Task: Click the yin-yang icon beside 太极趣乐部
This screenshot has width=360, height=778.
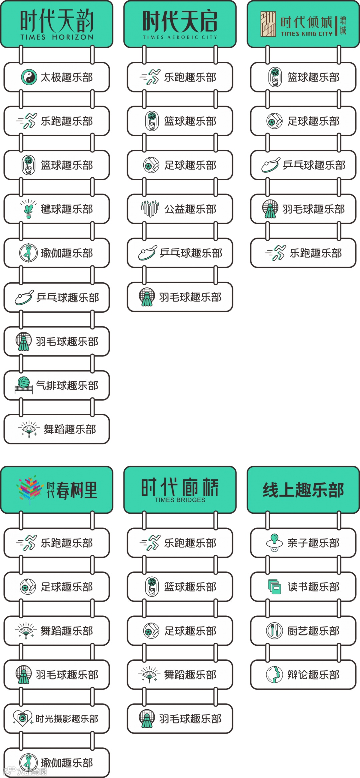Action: coord(29,77)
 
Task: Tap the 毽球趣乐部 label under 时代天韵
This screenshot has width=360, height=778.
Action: coord(67,209)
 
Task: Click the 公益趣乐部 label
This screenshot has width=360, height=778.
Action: coord(190,209)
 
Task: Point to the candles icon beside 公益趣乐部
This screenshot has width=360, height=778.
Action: coord(150,209)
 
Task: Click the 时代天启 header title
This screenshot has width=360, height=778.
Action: coord(180,21)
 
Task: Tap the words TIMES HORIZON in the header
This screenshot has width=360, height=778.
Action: coord(57,37)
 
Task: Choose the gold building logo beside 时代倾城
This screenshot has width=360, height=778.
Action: coord(268,24)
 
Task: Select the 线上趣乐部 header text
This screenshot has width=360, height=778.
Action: coord(303,490)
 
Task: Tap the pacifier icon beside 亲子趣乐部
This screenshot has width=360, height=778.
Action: coord(274,543)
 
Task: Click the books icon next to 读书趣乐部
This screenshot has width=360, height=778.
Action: coord(274,587)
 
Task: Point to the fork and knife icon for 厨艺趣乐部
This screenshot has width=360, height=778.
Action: coord(274,630)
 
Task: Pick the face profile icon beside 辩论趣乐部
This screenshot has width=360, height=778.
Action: coord(274,675)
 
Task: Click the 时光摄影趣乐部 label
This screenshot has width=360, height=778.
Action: coord(67,719)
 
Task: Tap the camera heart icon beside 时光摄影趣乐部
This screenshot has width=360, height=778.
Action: coord(22,718)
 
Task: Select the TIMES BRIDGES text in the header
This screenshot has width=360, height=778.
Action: coord(180,500)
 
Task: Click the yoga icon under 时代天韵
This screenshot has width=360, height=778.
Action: coord(28,253)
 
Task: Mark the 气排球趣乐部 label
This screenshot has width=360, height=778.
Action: coord(67,385)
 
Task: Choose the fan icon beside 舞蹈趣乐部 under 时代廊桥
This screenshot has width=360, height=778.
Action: coord(149,675)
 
